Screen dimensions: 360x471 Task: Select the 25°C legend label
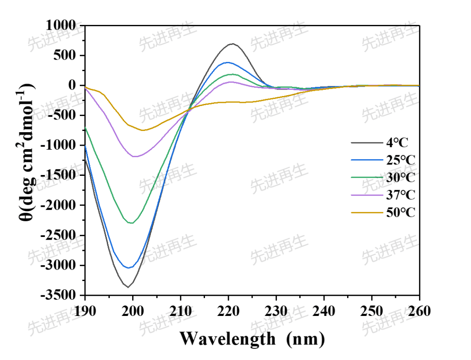(x=400, y=160)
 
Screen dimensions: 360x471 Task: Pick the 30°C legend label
(x=400, y=178)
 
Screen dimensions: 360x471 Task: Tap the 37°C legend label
(x=400, y=195)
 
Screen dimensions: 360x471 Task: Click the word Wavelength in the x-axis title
(x=227, y=338)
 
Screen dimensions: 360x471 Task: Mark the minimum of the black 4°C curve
(x=128, y=287)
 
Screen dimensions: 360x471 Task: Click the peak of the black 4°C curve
(x=232, y=44)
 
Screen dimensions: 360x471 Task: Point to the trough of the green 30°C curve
(x=131, y=223)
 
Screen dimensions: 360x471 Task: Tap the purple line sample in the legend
(x=365, y=195)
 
